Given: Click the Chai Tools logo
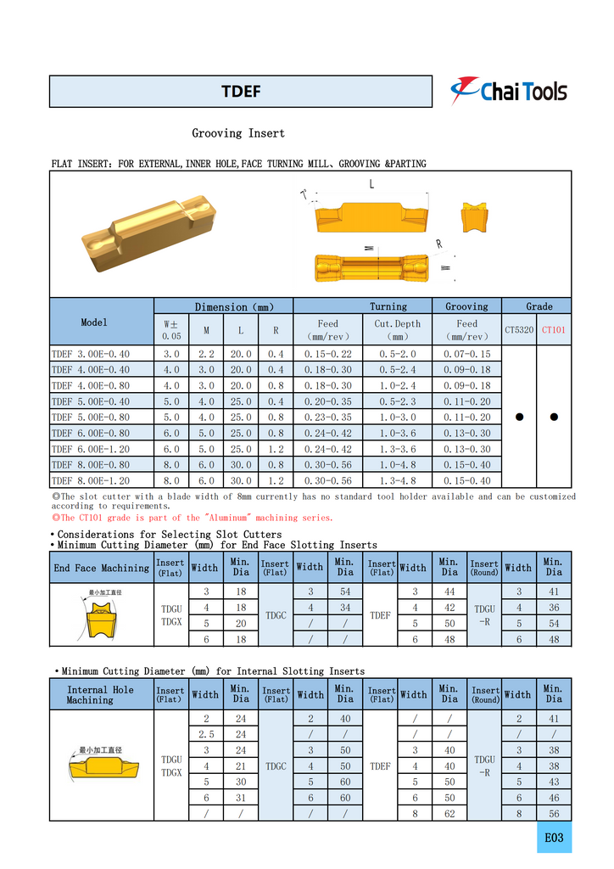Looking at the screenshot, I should point(508,91).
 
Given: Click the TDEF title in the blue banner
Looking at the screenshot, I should point(241,92).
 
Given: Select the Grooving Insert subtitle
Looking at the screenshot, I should point(238,133).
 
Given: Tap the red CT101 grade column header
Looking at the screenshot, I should point(553,329).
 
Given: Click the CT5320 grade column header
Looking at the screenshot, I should point(519,329).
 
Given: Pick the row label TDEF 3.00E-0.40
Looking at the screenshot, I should point(91,353).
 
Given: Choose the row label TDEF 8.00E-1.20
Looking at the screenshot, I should point(91,480).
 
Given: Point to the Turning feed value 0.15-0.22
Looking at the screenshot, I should point(328,353).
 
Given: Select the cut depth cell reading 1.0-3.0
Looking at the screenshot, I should point(397,417).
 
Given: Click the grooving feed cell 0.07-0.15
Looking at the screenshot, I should point(466,353).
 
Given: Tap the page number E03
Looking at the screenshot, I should point(554,838).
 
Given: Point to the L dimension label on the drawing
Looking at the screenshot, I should point(371,184).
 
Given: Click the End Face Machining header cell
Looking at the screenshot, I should point(101,568).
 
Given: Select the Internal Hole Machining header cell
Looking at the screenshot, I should point(101,695).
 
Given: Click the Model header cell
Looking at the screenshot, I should point(94,322).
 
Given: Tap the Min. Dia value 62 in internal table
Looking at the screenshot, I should point(449,813).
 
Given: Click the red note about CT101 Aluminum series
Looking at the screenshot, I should point(193,517).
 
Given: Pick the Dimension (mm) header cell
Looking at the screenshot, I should point(223,306).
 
